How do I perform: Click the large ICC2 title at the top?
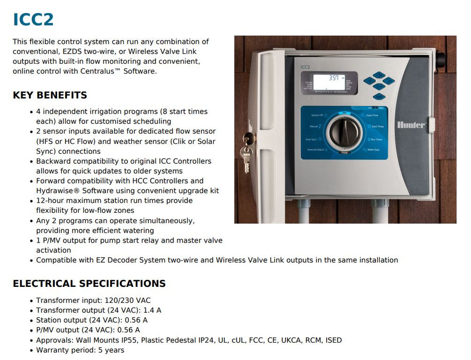tap(33, 20)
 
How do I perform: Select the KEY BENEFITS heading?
tap(50, 95)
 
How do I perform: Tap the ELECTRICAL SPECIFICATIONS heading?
tap(89, 284)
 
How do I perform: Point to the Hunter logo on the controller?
tap(411, 125)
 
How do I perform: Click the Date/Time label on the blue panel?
tap(372, 115)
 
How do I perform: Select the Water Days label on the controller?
tap(373, 150)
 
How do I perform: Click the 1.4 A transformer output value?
tap(152, 310)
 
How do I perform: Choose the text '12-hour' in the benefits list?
tap(50, 201)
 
